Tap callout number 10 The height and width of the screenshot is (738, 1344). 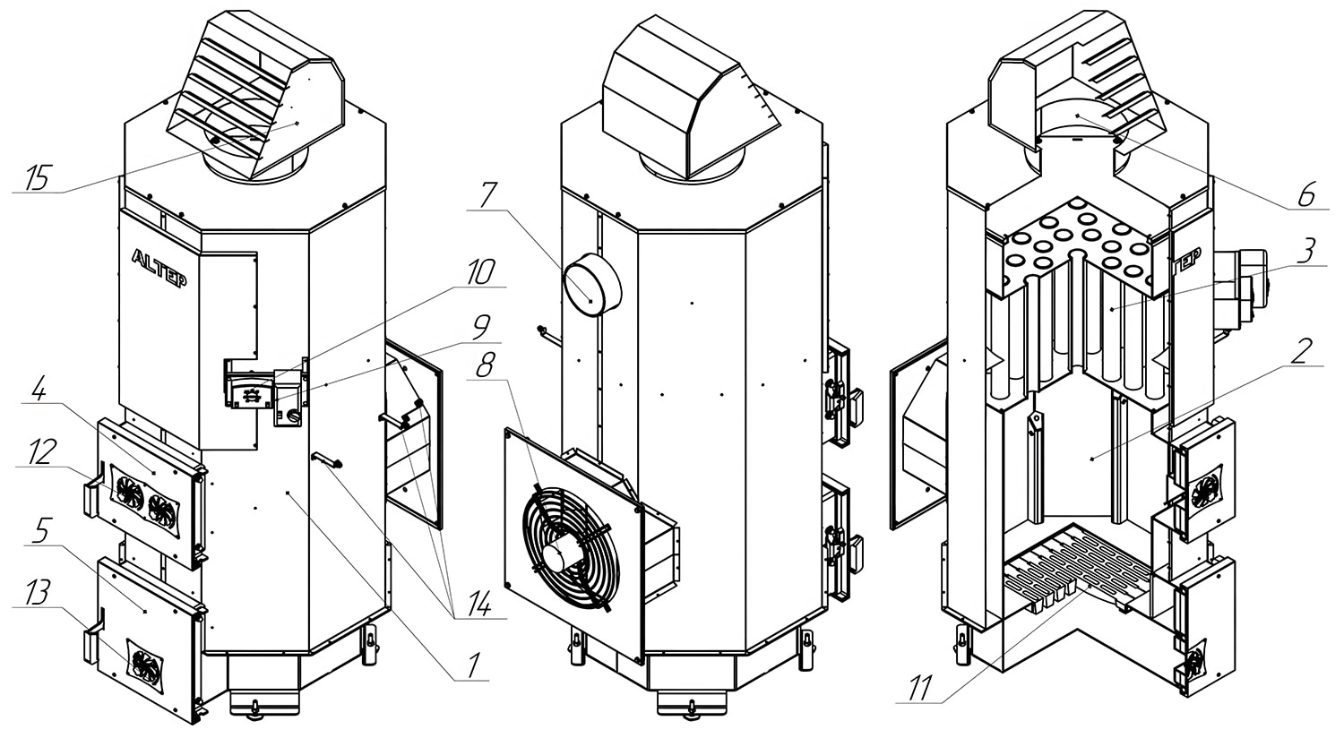(x=482, y=273)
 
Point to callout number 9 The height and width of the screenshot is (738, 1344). (x=481, y=327)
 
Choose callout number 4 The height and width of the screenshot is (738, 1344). (x=39, y=390)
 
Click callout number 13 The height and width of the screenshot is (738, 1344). (x=39, y=594)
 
